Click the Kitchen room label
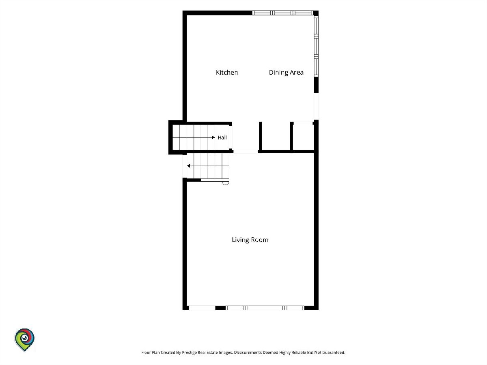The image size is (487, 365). (x=227, y=73)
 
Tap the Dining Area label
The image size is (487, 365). (x=286, y=73)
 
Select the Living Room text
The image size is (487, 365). (x=250, y=240)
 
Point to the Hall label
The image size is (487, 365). (x=222, y=137)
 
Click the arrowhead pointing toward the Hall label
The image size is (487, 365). (x=213, y=137)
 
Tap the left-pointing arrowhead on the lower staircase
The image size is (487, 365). (x=188, y=166)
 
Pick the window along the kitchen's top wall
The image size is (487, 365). (x=282, y=13)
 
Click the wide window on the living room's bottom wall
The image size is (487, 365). (x=265, y=308)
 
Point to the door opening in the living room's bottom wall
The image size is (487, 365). (x=202, y=308)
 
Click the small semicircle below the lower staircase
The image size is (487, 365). (x=226, y=183)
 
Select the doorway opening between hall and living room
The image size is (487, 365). (x=246, y=152)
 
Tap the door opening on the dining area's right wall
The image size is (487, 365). (x=316, y=106)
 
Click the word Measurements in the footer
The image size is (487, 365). (x=248, y=352)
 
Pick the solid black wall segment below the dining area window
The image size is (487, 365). (x=316, y=85)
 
